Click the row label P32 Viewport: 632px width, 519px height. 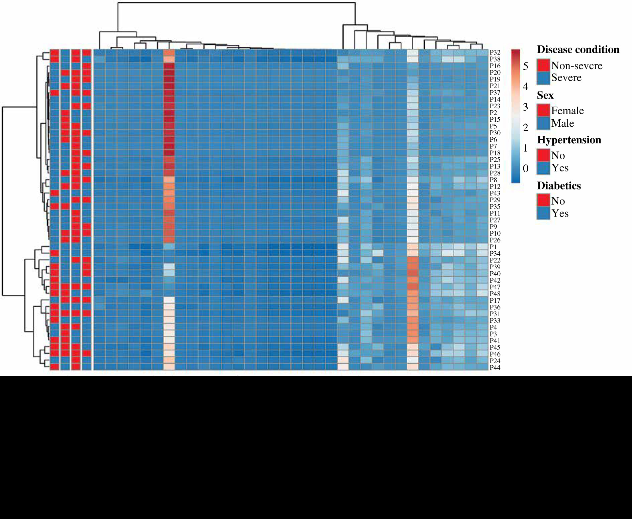point(495,52)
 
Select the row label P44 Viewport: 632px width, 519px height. point(495,368)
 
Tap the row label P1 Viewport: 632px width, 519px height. point(493,247)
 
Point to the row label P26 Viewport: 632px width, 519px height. point(495,240)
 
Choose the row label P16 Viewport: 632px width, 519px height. point(495,66)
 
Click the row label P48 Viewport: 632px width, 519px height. point(495,294)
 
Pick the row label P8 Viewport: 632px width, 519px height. point(493,180)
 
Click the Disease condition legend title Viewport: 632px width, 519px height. point(578,50)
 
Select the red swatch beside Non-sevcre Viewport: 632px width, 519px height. point(543,66)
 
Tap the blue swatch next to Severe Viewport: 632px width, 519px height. point(543,78)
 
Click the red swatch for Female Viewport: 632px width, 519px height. point(543,111)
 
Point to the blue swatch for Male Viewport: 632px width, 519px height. point(543,123)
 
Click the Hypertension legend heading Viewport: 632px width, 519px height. point(569,140)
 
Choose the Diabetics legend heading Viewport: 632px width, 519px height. point(559,186)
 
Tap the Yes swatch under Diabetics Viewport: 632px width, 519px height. point(543,213)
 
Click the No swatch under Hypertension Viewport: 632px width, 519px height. point(543,155)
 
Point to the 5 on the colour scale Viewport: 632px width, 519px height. point(525,66)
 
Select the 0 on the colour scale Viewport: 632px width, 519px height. point(525,168)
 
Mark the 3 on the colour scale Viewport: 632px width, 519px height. point(525,107)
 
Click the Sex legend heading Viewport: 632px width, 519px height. point(545,96)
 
